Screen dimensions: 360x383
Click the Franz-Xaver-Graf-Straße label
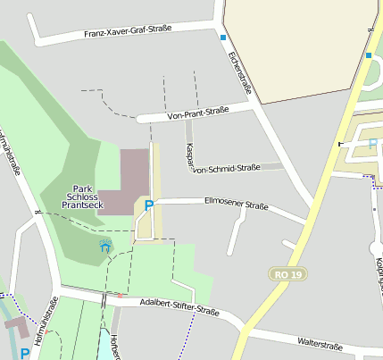[x=128, y=32]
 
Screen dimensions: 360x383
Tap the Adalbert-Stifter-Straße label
[x=179, y=307]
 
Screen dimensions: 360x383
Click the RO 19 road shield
[x=288, y=273]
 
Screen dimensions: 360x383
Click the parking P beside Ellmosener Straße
[x=149, y=205]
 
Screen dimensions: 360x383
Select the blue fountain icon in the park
[x=104, y=246]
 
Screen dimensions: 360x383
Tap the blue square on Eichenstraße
[x=223, y=38]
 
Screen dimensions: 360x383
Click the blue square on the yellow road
[x=368, y=55]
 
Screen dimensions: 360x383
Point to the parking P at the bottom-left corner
[x=25, y=354]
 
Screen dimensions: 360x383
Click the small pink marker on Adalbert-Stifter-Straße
[x=120, y=296]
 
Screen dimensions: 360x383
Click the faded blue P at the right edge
[x=373, y=143]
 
